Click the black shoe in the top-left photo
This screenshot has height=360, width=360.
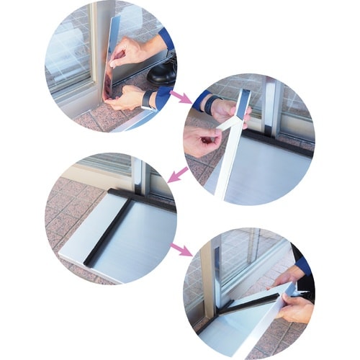(x=163, y=71)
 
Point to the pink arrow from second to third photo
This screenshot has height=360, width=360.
(x=176, y=173)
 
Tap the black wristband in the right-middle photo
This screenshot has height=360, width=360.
(x=210, y=105)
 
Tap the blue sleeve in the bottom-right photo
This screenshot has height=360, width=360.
(x=303, y=264)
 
